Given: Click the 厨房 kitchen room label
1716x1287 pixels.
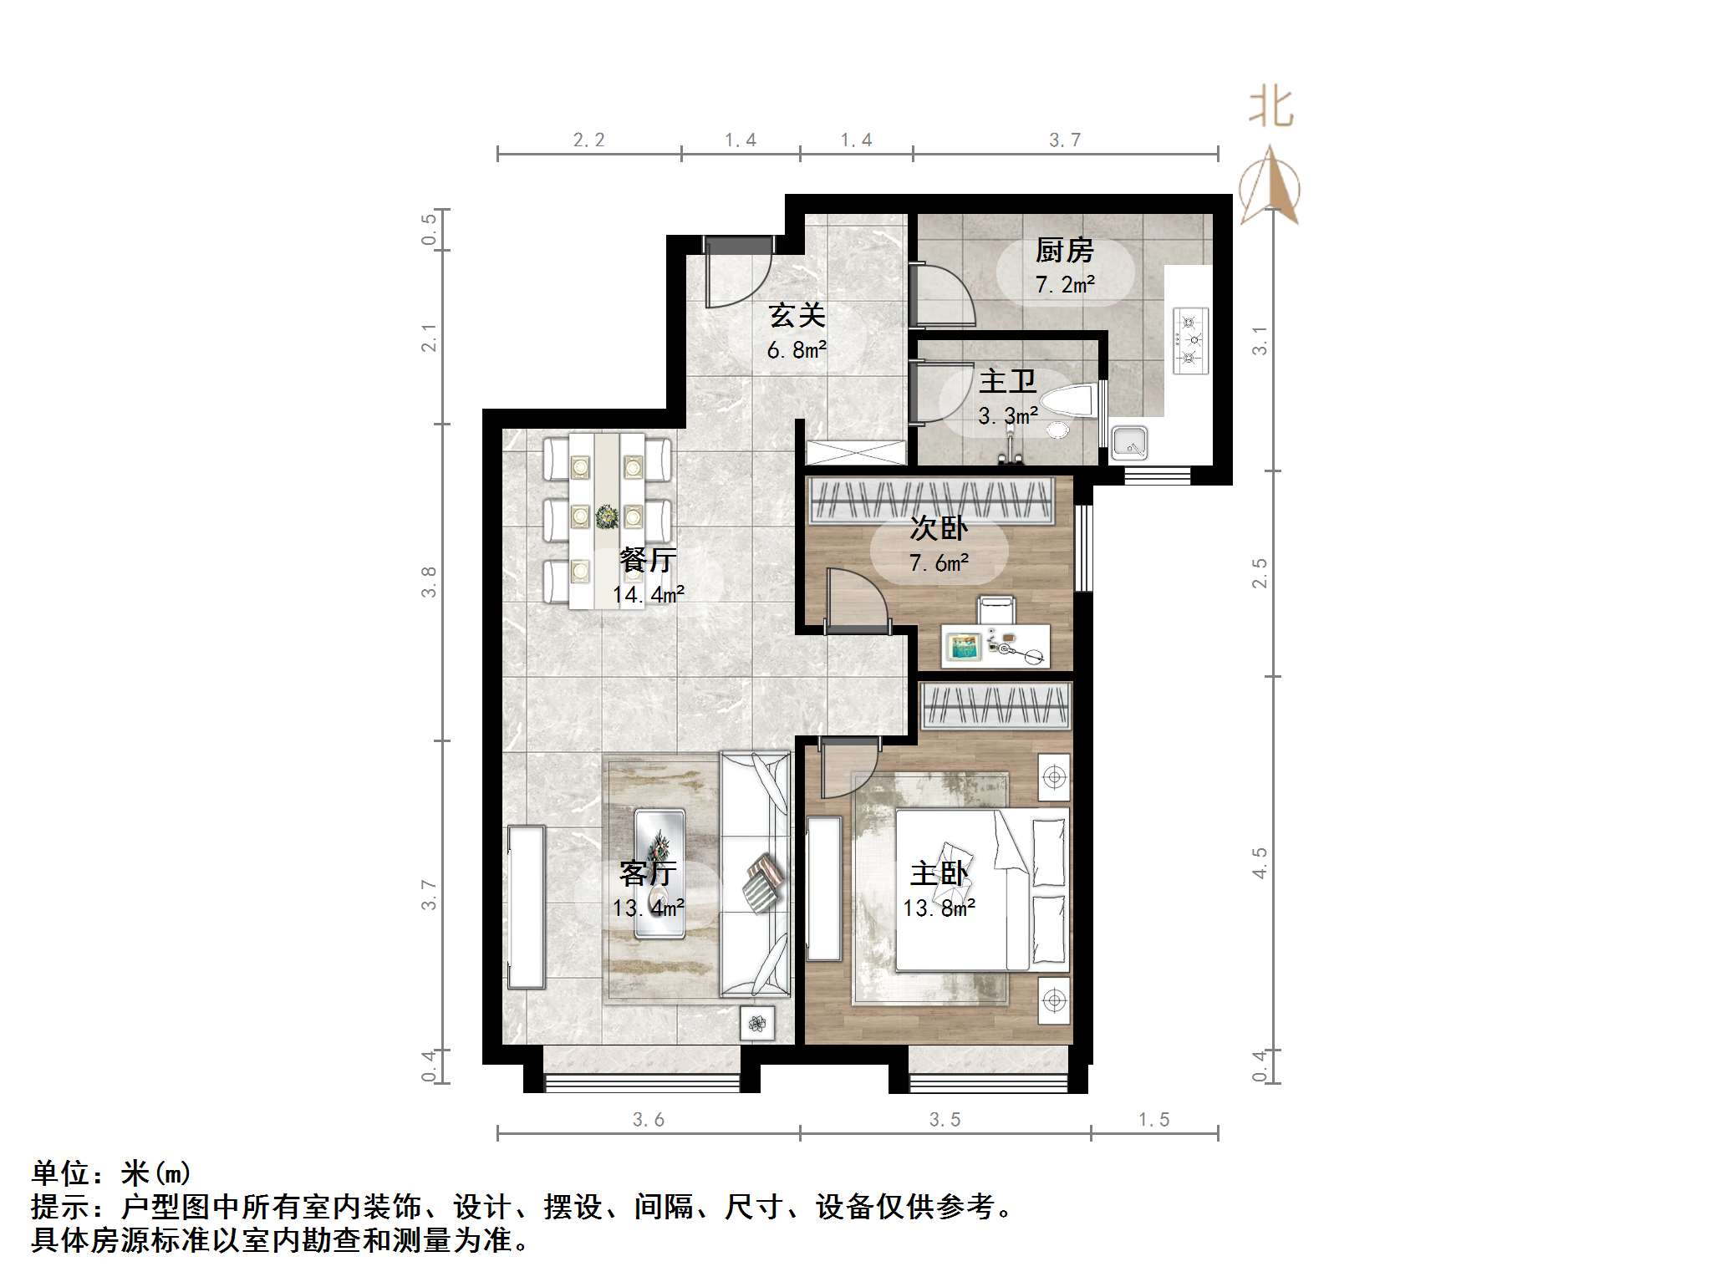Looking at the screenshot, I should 1064,250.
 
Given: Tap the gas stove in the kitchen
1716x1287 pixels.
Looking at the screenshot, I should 1190,340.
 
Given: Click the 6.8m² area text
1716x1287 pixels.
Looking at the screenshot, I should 797,350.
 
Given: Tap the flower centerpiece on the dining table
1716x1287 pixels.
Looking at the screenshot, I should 606,516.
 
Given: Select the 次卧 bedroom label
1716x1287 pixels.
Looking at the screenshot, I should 939,528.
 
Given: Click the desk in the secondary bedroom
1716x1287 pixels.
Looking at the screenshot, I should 995,646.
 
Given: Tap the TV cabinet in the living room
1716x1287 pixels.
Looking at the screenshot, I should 527,907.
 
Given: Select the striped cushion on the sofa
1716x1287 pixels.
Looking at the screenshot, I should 763,882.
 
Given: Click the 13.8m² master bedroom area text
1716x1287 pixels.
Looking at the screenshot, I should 939,908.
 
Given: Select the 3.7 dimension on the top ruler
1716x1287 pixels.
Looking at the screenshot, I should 1065,140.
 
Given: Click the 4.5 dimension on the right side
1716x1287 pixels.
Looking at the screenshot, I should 1260,862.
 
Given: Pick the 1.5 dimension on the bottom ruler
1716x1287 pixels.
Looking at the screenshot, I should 1153,1120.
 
